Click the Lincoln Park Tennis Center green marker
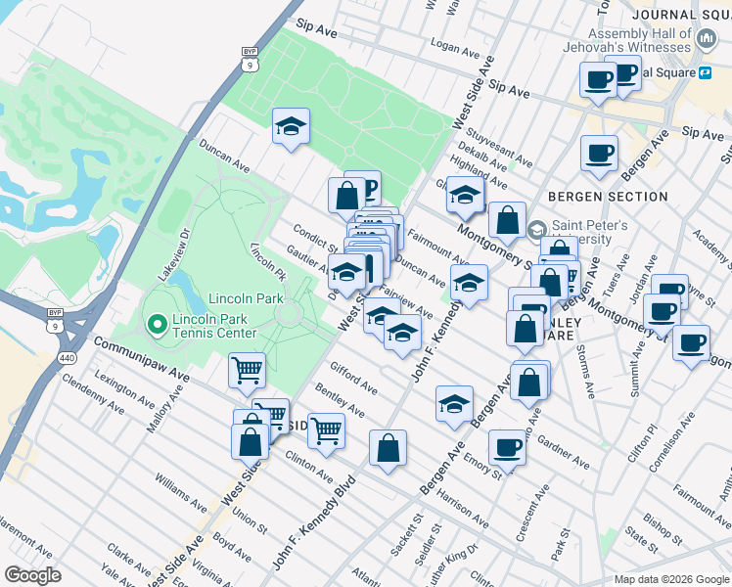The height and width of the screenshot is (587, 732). [x=155, y=323]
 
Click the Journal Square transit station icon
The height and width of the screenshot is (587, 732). [x=704, y=71]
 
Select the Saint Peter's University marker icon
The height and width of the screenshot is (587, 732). [x=536, y=229]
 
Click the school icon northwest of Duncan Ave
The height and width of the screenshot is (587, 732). [x=291, y=126]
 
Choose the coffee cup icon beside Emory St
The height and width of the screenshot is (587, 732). [x=507, y=446]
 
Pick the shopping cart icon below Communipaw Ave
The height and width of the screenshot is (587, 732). [x=247, y=371]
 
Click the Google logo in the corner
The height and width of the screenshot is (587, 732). [x=33, y=574]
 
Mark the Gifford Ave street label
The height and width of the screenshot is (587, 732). [x=353, y=382]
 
